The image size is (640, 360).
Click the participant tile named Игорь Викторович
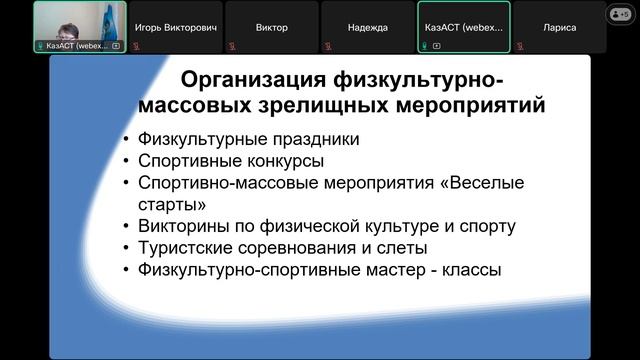[x=175, y=27]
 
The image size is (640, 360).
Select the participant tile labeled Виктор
[x=271, y=27]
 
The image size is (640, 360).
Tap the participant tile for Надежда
[x=367, y=27]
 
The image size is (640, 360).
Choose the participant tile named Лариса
[x=559, y=27]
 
